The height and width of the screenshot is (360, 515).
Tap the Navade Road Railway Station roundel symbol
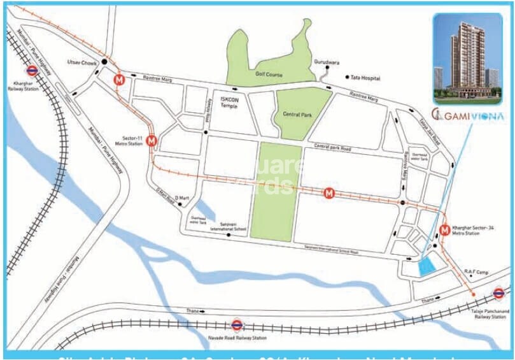click(237, 325)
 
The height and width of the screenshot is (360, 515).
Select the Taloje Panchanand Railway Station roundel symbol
click(498, 294)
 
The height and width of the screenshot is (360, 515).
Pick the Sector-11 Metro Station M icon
click(152, 141)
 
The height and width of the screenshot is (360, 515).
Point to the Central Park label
click(296, 115)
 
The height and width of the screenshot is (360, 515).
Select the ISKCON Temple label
click(229, 103)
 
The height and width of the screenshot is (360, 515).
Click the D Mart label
click(183, 198)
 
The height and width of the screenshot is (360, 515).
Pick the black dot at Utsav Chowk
click(104, 62)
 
